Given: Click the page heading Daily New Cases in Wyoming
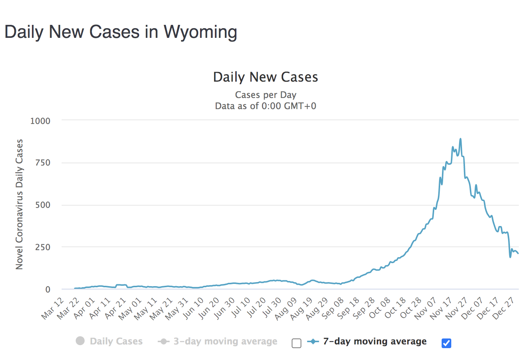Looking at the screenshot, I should click(121, 32).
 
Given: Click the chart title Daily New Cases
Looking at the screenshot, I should click(265, 77).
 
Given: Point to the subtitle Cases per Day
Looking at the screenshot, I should click(265, 95).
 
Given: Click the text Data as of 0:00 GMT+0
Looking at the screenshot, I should click(265, 106).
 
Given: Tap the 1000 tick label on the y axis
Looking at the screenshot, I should click(40, 121).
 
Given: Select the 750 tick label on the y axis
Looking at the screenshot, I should click(43, 163).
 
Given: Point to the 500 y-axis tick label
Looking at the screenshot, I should click(43, 205).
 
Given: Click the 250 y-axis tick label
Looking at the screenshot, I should click(43, 247).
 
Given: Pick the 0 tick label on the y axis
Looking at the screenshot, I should click(48, 289).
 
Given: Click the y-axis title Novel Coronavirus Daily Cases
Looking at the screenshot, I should click(19, 204).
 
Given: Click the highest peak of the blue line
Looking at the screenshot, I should click(461, 139).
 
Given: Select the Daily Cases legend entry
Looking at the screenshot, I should click(109, 341).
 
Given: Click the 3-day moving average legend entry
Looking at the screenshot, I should click(218, 341).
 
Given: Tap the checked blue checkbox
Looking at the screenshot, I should click(446, 343).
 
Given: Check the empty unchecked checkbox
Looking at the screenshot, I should click(297, 343).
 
